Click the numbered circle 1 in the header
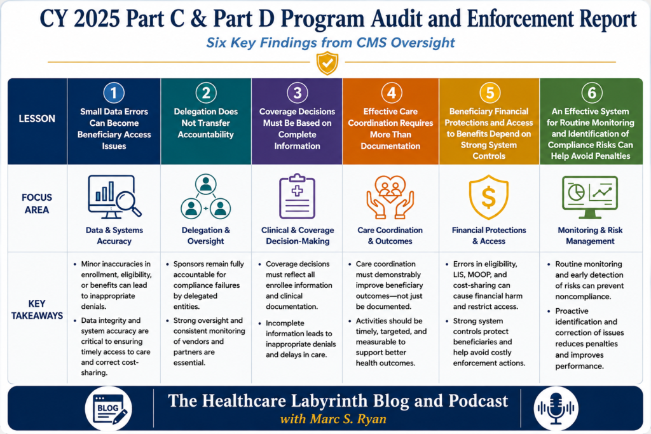point(114,93)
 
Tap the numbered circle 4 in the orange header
point(391,93)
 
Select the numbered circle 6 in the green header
point(592,93)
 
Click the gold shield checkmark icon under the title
point(327,63)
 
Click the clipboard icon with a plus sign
point(298,196)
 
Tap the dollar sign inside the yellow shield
point(489,197)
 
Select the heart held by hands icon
point(390,197)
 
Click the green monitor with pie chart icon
point(590,197)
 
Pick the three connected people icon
point(205,196)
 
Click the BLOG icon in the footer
point(109,409)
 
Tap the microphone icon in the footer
point(556,409)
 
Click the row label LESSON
point(37,119)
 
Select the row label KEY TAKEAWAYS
point(37,309)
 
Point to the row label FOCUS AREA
point(37,203)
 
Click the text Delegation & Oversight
point(205,236)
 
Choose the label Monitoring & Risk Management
point(590,236)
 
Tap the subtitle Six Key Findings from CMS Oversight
point(331,43)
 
